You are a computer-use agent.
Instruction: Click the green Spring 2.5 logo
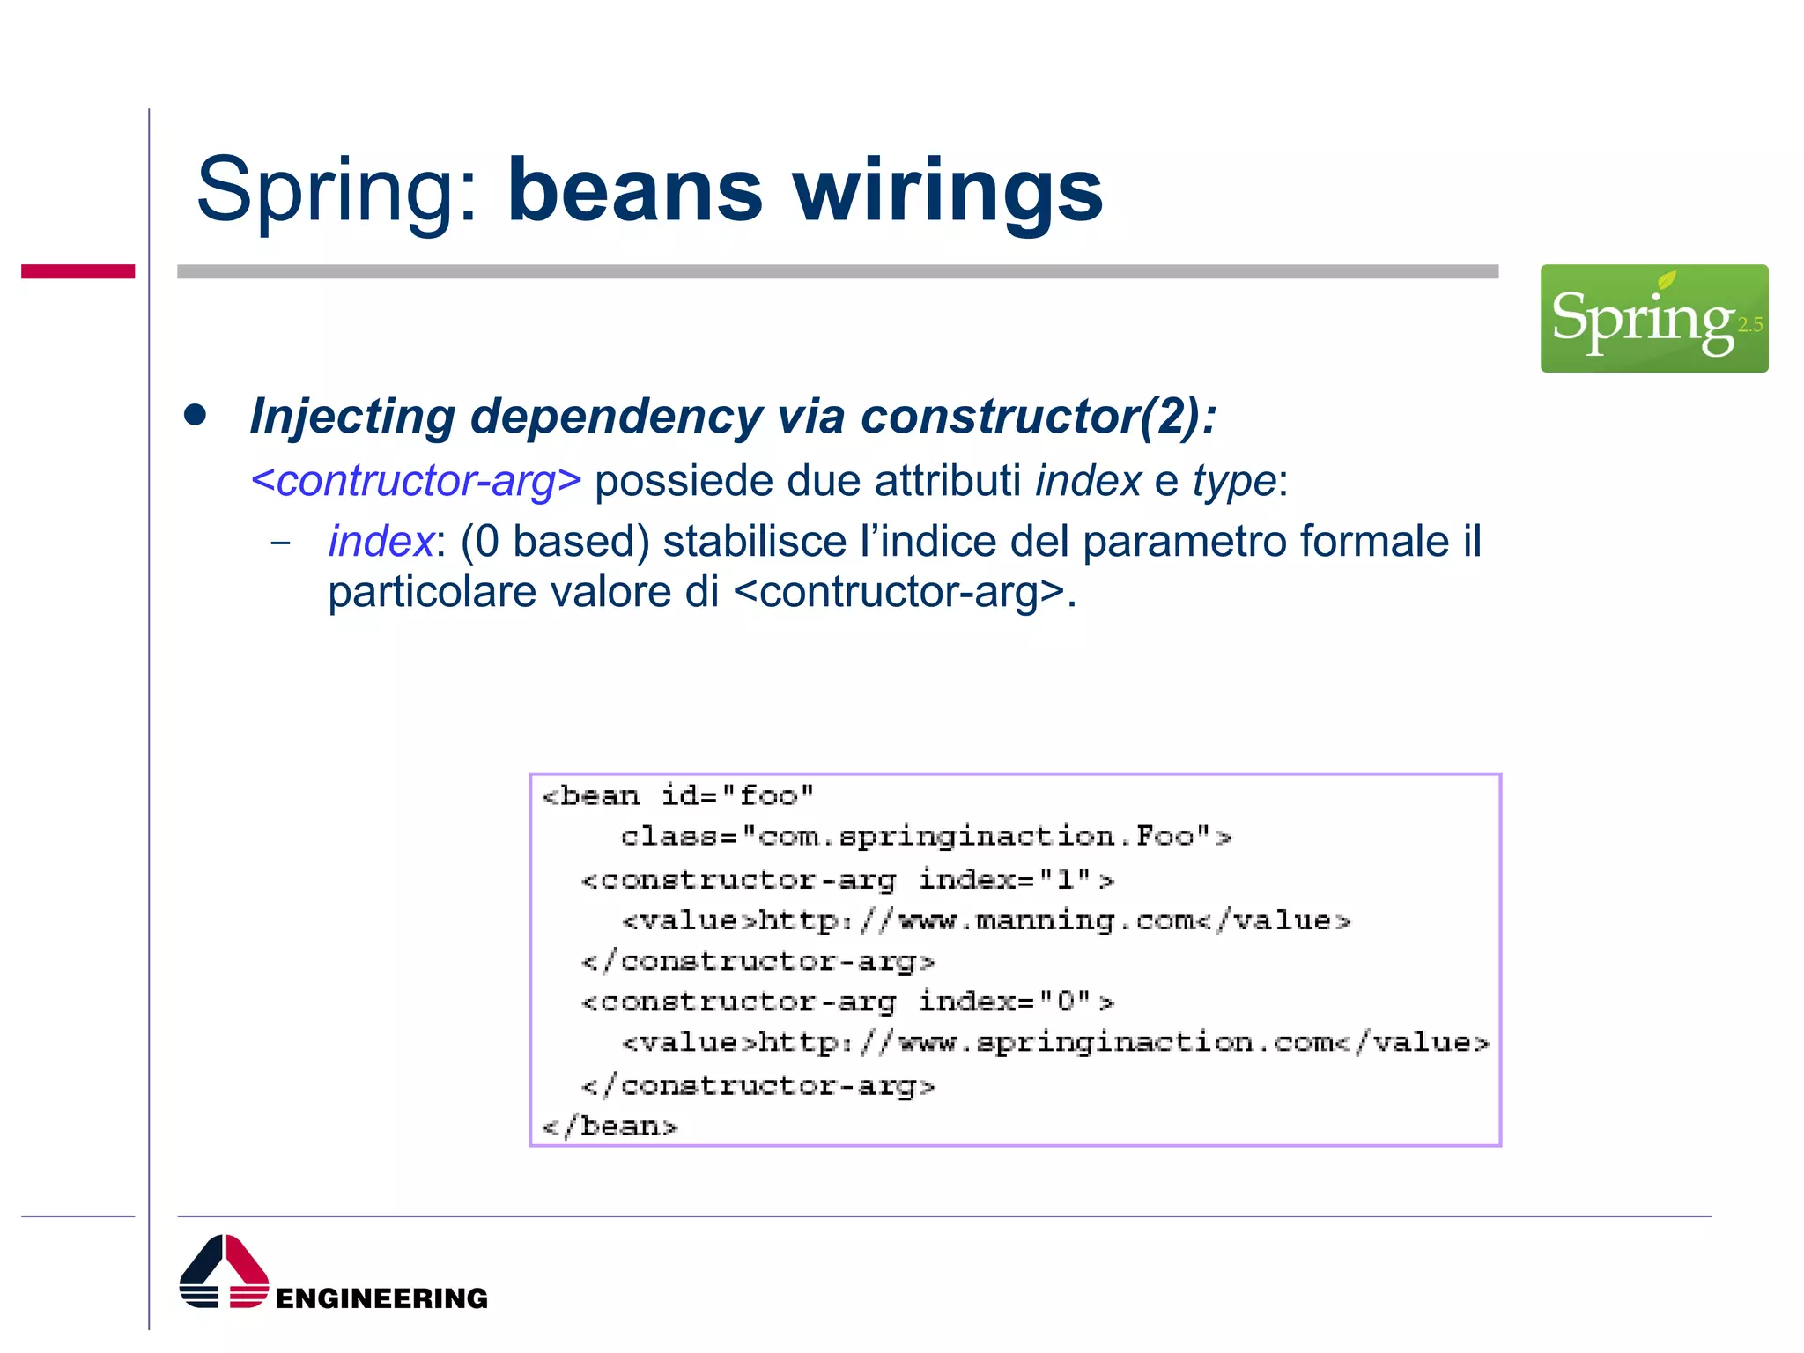[1653, 318]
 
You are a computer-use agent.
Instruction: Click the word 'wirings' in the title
[948, 191]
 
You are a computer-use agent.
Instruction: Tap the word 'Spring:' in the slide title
[338, 191]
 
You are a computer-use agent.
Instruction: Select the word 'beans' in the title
[634, 191]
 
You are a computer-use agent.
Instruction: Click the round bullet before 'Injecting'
[196, 415]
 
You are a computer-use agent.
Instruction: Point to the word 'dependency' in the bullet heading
[617, 416]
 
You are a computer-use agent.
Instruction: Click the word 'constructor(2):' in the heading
[1039, 416]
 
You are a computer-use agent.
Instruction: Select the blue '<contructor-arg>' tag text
[416, 481]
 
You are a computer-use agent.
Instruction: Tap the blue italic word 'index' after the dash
[381, 541]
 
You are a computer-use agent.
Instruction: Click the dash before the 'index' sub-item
[280, 542]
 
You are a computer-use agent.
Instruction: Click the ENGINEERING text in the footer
[381, 1298]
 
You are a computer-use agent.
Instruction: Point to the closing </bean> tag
[610, 1127]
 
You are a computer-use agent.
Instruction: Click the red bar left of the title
[78, 271]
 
